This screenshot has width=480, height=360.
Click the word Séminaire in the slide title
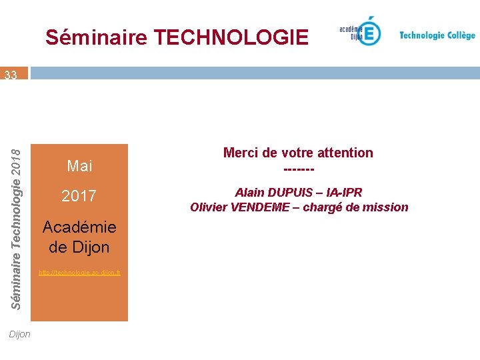(96, 37)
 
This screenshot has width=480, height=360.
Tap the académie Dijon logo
(361, 31)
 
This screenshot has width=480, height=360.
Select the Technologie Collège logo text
(437, 35)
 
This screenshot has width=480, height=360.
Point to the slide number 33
(11, 75)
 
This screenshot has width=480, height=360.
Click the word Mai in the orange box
(80, 165)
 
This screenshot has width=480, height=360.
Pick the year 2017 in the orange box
(79, 196)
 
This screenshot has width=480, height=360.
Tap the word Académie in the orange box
(79, 227)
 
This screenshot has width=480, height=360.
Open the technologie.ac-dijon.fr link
(79, 273)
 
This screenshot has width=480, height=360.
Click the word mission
(387, 207)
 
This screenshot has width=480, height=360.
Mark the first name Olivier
(209, 207)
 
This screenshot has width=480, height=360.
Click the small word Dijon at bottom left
(20, 334)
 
